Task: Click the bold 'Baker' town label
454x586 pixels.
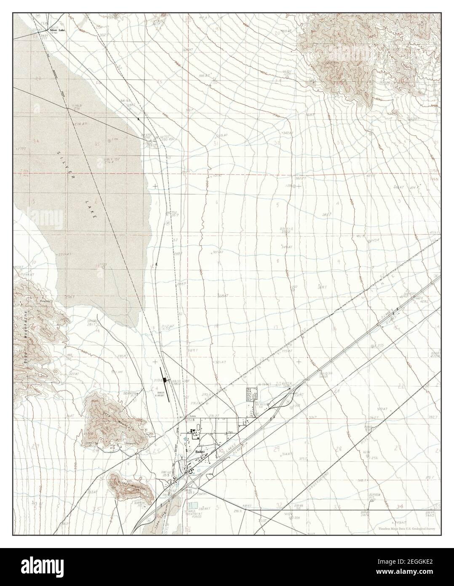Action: coord(201,452)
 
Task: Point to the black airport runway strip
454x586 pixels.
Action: coord(165,383)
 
